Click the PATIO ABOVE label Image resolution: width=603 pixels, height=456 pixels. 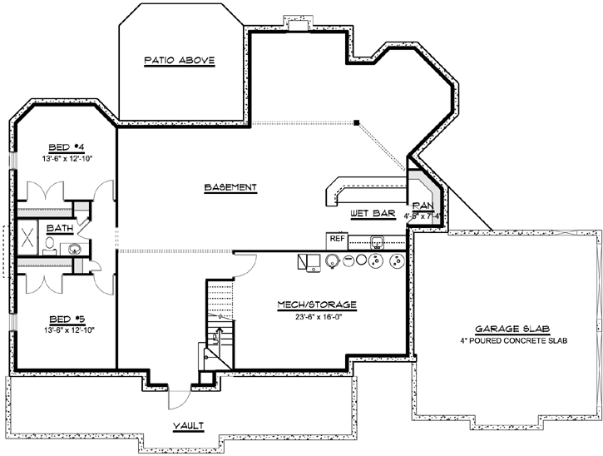point(180,60)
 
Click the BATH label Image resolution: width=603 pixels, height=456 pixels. point(59,227)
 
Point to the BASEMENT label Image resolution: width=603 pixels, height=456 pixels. point(230,187)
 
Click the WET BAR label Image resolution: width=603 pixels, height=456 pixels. point(371,214)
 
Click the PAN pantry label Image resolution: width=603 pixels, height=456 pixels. point(423,205)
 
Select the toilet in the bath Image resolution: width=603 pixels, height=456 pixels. point(50,245)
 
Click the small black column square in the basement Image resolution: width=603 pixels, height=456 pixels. point(356,123)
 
